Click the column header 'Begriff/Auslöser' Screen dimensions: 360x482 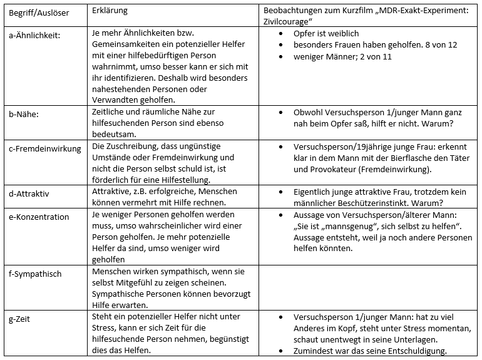[35, 13]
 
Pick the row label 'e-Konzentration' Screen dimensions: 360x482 [39, 217]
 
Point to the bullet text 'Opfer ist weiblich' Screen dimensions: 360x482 [326, 33]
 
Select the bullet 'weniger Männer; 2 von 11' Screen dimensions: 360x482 [342, 56]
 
